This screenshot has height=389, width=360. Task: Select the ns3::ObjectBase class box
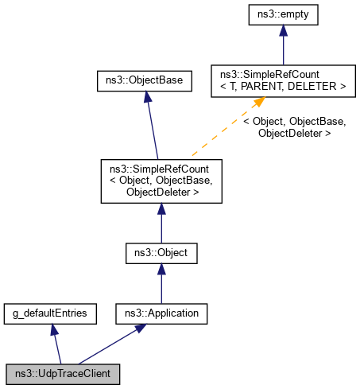pos(144,80)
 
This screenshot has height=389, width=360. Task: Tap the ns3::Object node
pos(161,254)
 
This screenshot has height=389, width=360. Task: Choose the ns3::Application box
pos(161,313)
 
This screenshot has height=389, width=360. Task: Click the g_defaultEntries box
pos(50,313)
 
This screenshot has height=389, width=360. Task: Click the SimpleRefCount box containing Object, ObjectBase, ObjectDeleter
pos(161,181)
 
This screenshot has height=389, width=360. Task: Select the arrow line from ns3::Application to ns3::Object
pos(161,284)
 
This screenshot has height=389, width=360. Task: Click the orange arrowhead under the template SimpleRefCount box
pos(258,103)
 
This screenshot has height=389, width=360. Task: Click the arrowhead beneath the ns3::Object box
pos(161,270)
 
